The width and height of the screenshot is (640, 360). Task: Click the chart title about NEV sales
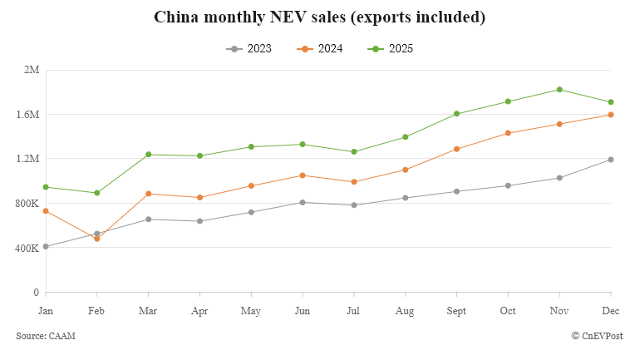point(320,17)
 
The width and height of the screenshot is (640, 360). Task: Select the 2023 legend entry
point(249,49)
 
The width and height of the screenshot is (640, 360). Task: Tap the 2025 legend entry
point(390,49)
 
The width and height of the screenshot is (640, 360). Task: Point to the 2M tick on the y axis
point(32,70)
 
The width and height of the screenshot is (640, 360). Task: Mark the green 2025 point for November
point(559,90)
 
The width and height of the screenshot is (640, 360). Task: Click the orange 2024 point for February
point(97,239)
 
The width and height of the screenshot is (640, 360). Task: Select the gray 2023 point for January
point(46,246)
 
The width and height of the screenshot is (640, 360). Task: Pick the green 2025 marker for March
point(148,155)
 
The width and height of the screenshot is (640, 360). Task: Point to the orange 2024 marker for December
point(611,115)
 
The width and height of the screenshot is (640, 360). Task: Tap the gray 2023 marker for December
point(611,160)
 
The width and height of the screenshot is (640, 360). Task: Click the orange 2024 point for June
point(303,175)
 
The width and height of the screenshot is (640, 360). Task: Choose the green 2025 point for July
point(354,152)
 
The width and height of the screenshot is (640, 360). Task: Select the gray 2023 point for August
point(405,198)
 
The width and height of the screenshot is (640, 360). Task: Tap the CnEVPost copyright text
point(597,335)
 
